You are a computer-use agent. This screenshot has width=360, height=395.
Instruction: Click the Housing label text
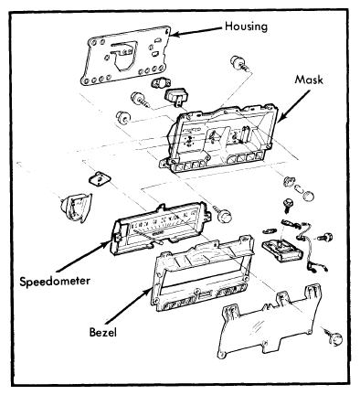tap(246, 27)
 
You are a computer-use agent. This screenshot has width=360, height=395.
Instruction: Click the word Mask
tap(309, 80)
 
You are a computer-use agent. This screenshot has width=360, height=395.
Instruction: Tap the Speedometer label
tap(55, 281)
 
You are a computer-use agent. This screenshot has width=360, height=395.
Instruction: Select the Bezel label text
tap(103, 332)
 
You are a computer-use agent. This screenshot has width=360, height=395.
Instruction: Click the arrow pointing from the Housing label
tap(196, 31)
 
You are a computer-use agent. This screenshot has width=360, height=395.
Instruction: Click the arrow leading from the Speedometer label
tap(82, 255)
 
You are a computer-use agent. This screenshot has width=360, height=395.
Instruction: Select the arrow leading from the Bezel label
tap(127, 307)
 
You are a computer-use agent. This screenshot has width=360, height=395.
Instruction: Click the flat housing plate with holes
tap(125, 56)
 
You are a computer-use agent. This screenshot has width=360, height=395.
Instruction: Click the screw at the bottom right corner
tap(333, 336)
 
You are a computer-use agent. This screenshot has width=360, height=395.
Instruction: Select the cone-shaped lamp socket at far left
tap(76, 207)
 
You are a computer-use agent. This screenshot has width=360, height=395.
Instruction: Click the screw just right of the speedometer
tap(224, 214)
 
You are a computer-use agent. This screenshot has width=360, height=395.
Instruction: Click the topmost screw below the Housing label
tap(240, 63)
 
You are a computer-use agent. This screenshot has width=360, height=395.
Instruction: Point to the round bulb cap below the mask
tap(309, 197)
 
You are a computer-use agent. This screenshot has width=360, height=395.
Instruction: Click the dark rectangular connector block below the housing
tap(176, 96)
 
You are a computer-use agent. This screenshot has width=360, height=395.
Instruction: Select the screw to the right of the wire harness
tap(325, 237)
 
